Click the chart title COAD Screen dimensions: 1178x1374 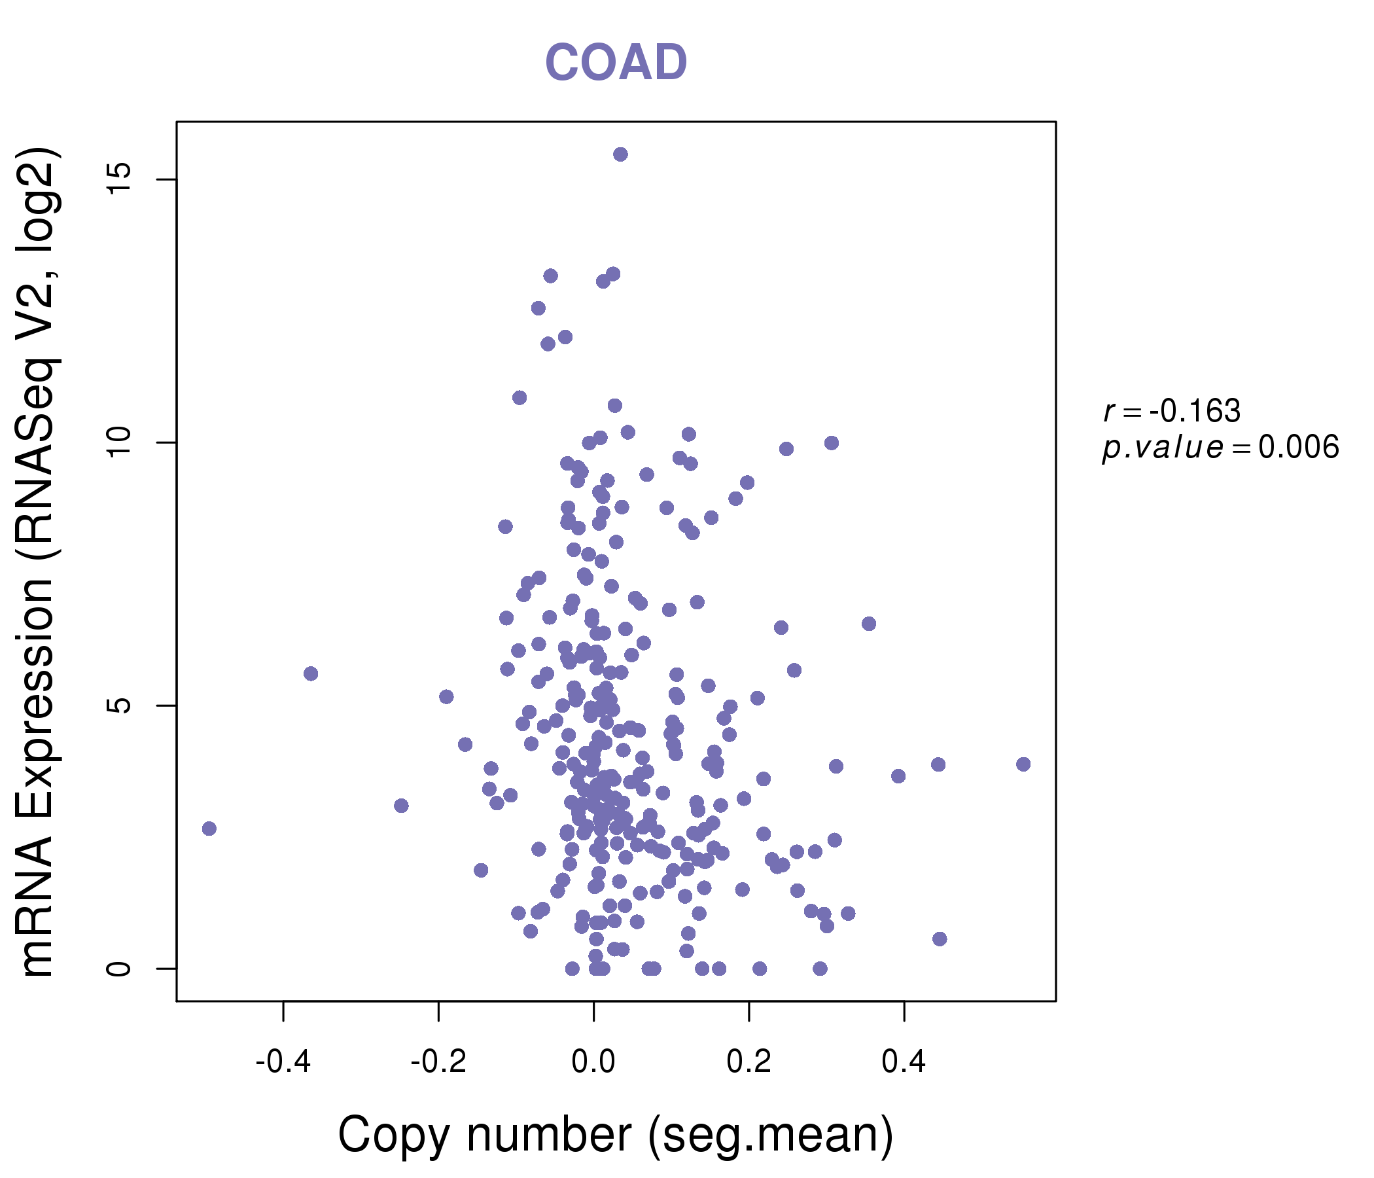[x=616, y=63]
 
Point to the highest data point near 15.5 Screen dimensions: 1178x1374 [x=620, y=154]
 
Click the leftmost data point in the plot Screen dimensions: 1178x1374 [x=209, y=829]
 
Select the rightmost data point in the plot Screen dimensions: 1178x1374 [x=1023, y=764]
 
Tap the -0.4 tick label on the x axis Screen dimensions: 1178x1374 [x=283, y=1062]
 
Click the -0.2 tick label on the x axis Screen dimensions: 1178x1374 [x=438, y=1062]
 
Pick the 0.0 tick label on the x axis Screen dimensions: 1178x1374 [x=593, y=1062]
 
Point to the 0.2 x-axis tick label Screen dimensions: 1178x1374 [x=749, y=1062]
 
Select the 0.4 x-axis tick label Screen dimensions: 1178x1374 [x=904, y=1062]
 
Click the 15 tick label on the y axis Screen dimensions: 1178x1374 [x=119, y=179]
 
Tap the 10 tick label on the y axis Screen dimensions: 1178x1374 [x=119, y=442]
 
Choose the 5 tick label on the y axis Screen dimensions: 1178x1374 [x=119, y=705]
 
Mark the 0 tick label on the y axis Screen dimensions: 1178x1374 [x=119, y=969]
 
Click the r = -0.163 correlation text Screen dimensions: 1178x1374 [x=1172, y=412]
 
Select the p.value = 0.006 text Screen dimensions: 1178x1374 [x=1220, y=448]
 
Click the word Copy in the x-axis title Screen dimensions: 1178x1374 [x=394, y=1135]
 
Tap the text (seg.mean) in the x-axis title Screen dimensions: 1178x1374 [x=770, y=1135]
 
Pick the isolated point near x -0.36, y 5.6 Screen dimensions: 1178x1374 [x=311, y=674]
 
